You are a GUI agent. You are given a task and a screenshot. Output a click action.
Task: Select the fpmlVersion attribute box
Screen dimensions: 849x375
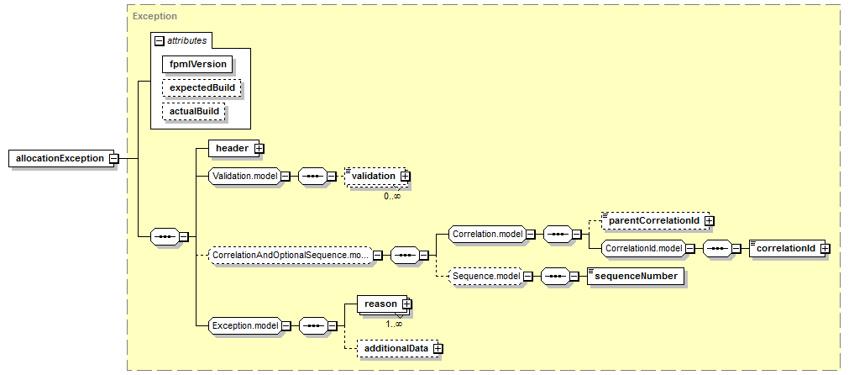[x=197, y=64]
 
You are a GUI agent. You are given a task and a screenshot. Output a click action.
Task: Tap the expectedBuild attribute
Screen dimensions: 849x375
[x=201, y=87]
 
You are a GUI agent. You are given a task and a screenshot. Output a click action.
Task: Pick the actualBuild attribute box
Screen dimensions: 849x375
[x=194, y=111]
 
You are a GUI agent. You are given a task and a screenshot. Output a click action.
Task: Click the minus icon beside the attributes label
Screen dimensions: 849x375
[x=159, y=40]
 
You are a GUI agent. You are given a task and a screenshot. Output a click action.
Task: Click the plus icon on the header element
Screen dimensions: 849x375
[x=259, y=148]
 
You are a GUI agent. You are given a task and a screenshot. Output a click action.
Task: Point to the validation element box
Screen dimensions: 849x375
[x=376, y=177]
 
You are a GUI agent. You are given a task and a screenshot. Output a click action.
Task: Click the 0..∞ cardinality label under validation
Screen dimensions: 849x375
[x=392, y=196]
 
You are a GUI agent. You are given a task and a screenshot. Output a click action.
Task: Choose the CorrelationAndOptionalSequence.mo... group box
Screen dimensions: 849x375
[x=291, y=254]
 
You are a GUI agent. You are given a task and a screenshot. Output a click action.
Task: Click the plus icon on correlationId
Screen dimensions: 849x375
[x=825, y=248]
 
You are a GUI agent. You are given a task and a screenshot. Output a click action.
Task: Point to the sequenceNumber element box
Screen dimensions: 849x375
[x=635, y=276]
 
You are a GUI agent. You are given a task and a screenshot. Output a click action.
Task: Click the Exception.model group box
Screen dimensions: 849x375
[x=244, y=325]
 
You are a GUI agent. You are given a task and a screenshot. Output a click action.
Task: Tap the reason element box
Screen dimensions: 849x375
[x=384, y=305]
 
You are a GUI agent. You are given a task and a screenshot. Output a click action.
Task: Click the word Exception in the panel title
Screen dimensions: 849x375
[x=155, y=16]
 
